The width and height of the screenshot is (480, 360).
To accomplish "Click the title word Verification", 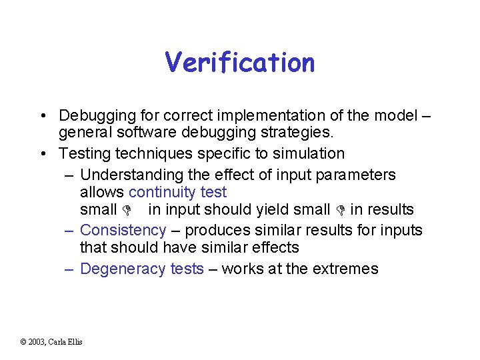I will [240, 63].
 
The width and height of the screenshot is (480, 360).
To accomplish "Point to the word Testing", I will [85, 153].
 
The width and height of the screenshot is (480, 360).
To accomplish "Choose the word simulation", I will [306, 153].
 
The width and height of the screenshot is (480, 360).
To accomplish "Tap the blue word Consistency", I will [123, 230].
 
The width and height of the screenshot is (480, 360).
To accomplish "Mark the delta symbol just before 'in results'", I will [341, 210].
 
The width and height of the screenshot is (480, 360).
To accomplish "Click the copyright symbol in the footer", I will [23, 342].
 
